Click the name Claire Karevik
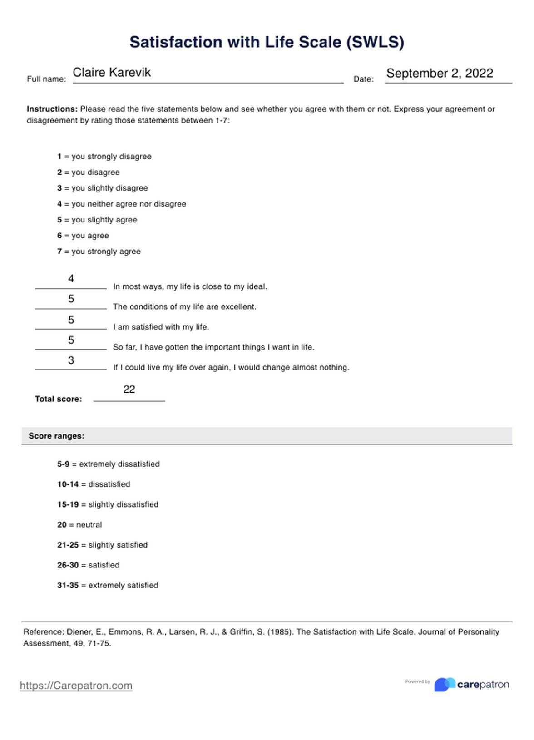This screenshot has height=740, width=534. coord(112,73)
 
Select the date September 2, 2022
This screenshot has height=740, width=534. coord(440,74)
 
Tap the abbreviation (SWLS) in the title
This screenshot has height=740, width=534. coord(375,42)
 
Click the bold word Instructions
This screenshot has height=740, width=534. coord(52,109)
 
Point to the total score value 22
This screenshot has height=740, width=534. coord(129,390)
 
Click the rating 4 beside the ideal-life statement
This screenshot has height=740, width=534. coord(71,279)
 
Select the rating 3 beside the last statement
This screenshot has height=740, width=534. coord(71,360)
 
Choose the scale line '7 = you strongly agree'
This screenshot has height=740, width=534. coord(99,252)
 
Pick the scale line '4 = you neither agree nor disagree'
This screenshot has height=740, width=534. coord(122,204)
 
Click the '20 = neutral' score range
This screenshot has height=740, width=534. coord(79,525)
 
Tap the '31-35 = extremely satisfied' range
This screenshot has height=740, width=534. coord(108,586)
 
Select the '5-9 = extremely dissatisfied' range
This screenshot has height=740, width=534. coord(109,464)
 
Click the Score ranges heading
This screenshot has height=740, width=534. coord(56,436)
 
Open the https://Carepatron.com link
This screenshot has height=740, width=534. coord(76,686)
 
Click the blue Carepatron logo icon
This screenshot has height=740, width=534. coord(445,685)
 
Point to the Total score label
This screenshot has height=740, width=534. coord(58,399)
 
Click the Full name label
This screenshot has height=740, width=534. coord(46,79)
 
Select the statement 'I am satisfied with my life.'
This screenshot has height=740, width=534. coord(161,327)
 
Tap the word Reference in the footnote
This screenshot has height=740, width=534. coord(43,632)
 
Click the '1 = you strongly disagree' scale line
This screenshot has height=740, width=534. coord(104,157)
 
